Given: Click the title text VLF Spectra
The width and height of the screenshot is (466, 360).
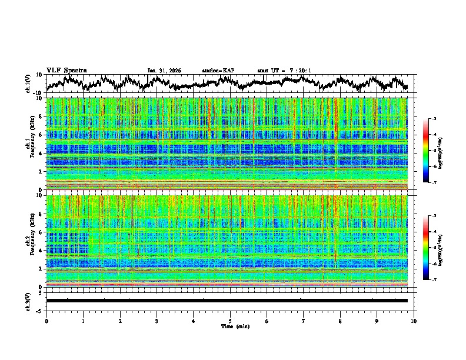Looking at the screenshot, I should [x=66, y=71].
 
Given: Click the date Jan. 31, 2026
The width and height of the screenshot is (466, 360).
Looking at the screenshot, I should [x=164, y=71].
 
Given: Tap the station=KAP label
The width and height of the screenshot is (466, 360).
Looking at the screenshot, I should [x=218, y=71].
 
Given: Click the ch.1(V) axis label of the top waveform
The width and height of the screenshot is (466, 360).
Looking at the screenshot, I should [x=28, y=84].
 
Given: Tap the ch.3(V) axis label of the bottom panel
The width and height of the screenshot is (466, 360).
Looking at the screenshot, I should [x=28, y=301].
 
